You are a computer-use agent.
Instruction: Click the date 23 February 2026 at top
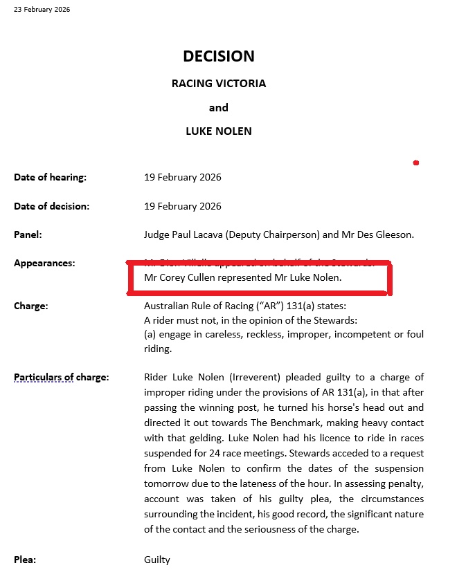click(42, 10)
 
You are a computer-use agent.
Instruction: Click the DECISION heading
click(219, 57)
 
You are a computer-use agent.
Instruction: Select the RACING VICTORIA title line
click(219, 84)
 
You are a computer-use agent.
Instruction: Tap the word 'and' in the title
click(219, 108)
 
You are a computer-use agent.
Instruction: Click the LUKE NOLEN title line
click(219, 131)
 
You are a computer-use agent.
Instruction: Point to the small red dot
click(415, 163)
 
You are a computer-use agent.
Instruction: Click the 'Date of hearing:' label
click(50, 178)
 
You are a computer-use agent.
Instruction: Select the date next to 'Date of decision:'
click(183, 206)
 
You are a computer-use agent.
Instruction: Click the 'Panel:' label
click(28, 235)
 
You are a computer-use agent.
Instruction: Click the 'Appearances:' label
click(44, 264)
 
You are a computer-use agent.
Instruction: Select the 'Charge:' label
click(30, 305)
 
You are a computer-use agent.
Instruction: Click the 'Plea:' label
click(26, 560)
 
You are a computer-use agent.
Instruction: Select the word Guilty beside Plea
click(156, 560)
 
